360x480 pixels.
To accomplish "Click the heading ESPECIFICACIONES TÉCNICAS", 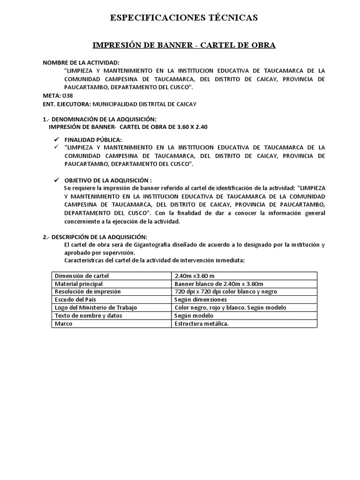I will pyautogui.click(x=184, y=18).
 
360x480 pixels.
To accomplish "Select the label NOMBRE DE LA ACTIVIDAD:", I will pyautogui.click(x=81, y=62).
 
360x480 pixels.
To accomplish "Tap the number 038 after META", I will pyautogui.click(x=68, y=96).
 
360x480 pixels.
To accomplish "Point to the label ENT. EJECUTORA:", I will pyautogui.click(x=67, y=104).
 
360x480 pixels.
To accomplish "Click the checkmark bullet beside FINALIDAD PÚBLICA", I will pyautogui.click(x=56, y=140).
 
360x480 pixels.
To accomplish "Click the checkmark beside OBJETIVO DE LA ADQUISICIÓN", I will pyautogui.click(x=56, y=180).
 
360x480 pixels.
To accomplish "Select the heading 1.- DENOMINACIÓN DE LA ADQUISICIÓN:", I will pyautogui.click(x=100, y=119).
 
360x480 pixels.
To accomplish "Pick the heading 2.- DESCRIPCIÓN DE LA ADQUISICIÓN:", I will pyautogui.click(x=95, y=237).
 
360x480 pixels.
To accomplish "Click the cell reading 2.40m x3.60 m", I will pyautogui.click(x=195, y=276).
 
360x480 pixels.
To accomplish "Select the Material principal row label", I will pyautogui.click(x=79, y=284).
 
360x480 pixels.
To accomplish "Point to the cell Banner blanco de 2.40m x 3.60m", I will pyautogui.click(x=218, y=284).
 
